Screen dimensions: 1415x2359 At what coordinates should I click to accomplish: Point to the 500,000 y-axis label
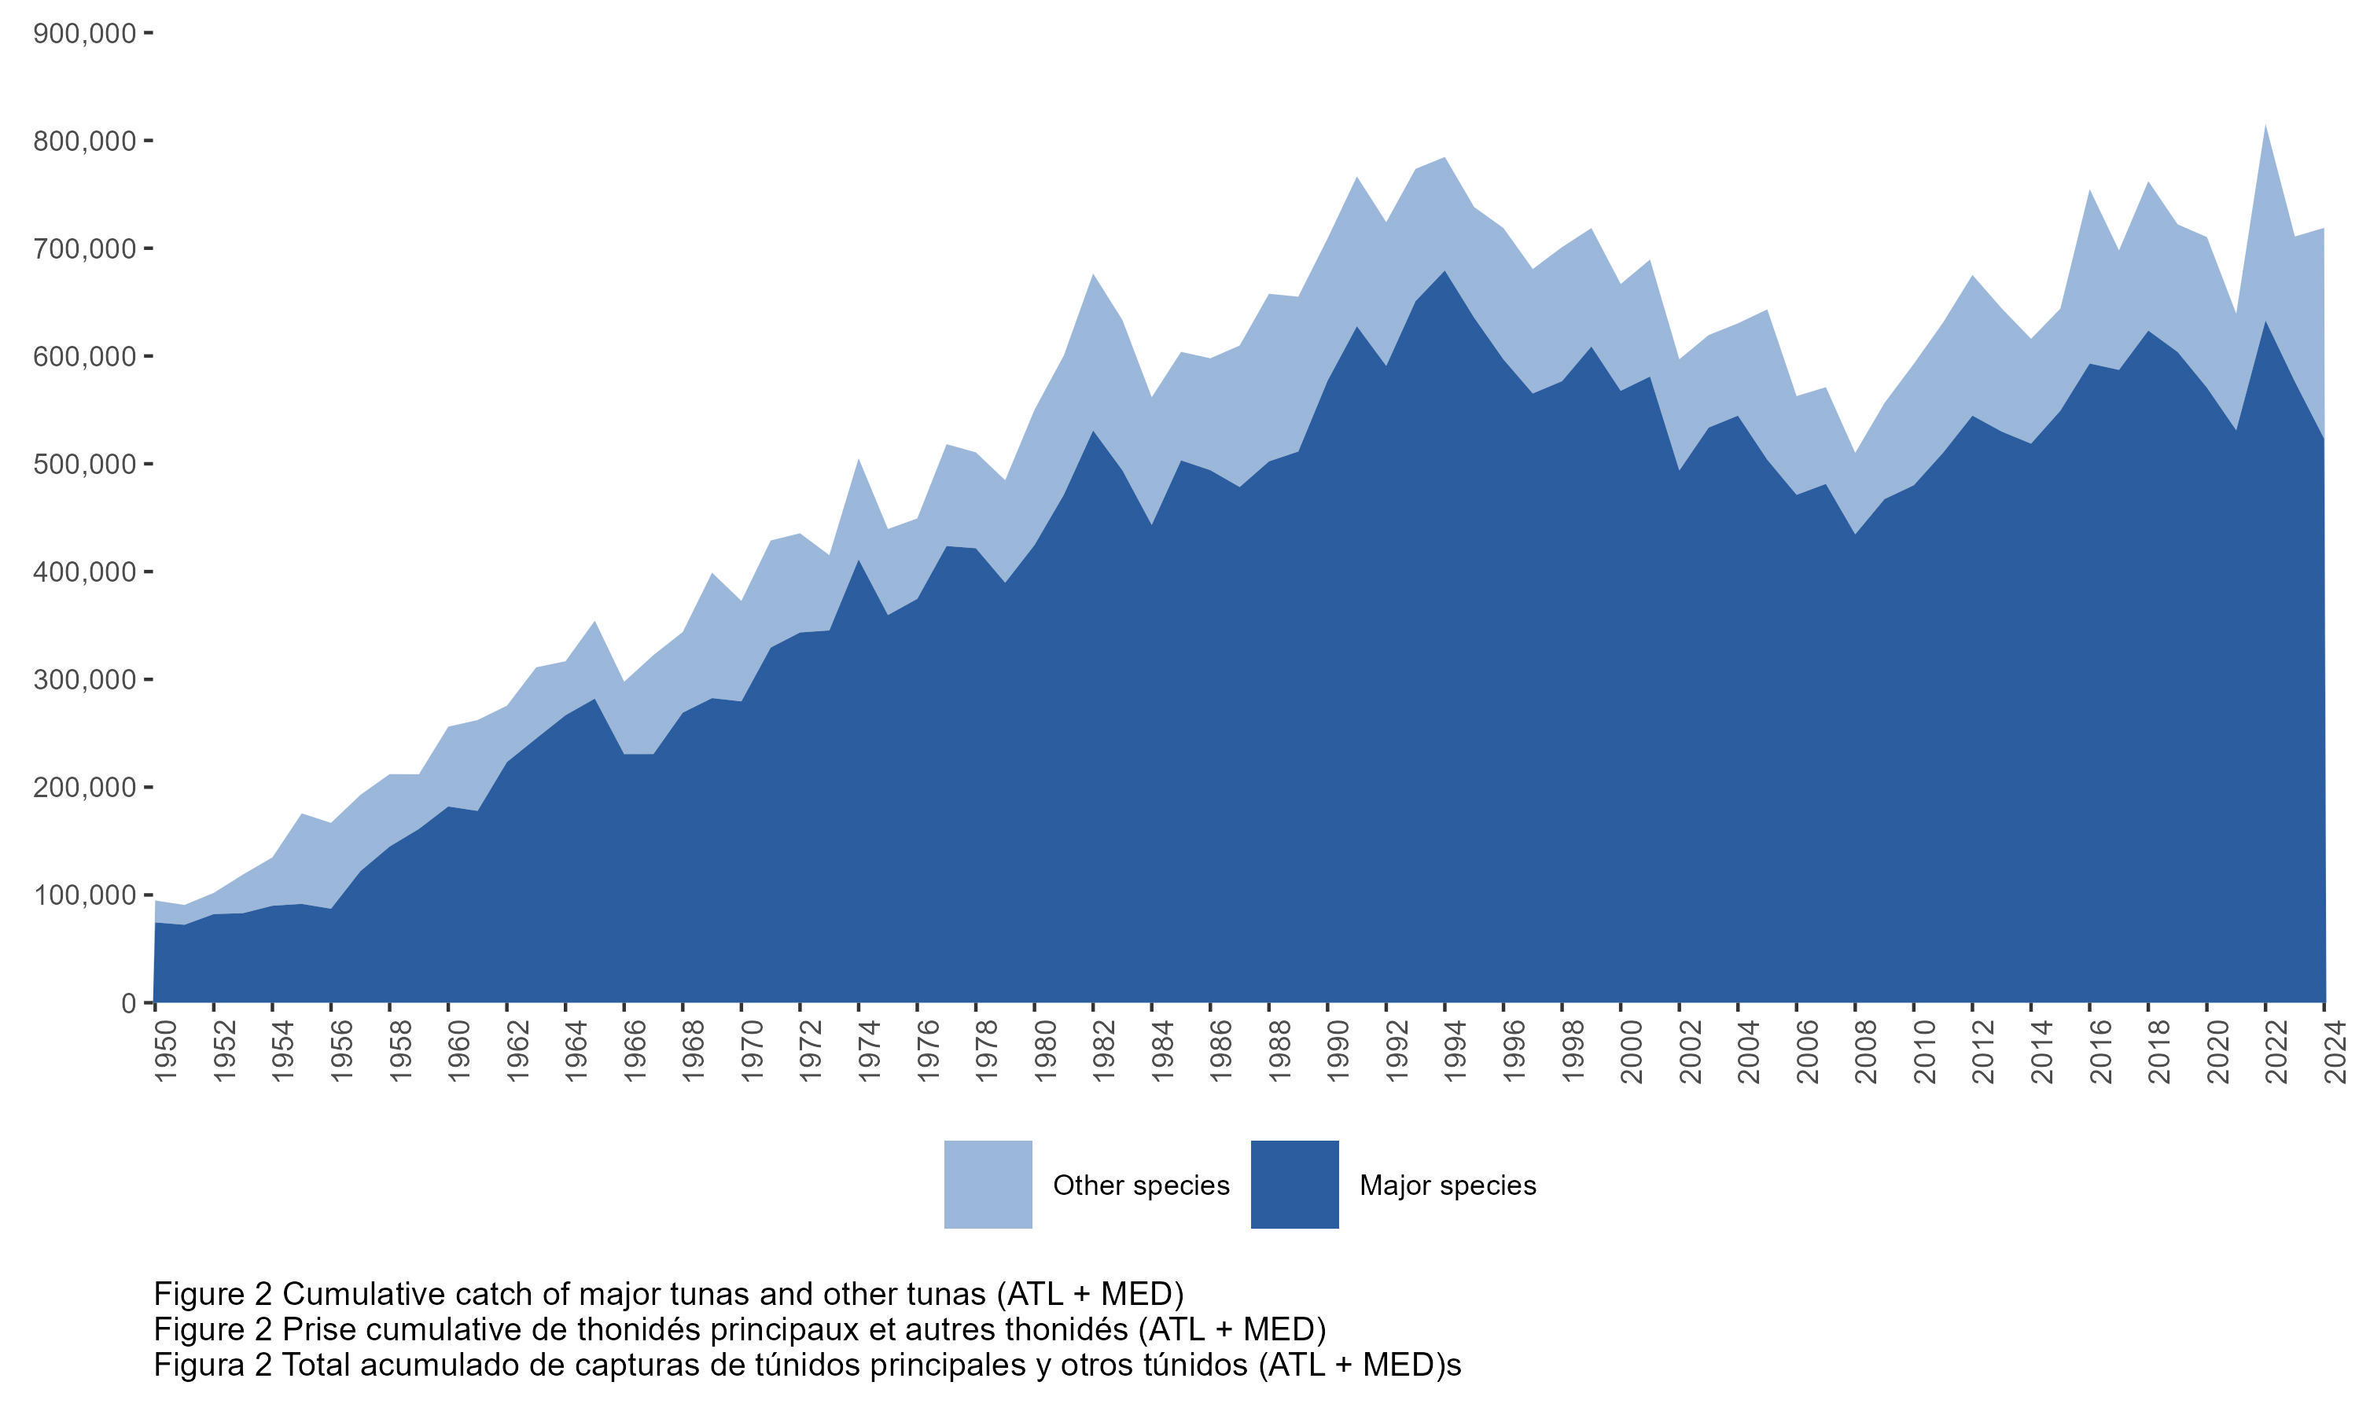pyautogui.click(x=84, y=465)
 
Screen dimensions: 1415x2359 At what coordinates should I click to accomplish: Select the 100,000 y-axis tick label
pyautogui.click(x=84, y=895)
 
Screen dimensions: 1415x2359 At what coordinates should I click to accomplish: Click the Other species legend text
pyautogui.click(x=1140, y=1185)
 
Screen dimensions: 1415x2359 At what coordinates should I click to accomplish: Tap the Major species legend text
pyautogui.click(x=1448, y=1185)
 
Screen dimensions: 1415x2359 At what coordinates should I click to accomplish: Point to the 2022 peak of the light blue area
pyautogui.click(x=2265, y=127)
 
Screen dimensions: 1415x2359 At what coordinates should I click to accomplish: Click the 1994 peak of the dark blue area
pyautogui.click(x=1444, y=273)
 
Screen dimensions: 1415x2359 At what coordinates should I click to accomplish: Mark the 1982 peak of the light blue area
pyautogui.click(x=1093, y=277)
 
